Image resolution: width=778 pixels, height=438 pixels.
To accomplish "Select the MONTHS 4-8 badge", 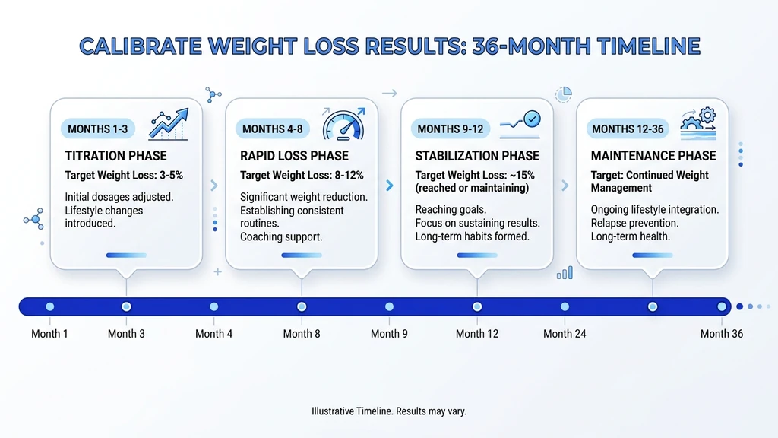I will (273, 129).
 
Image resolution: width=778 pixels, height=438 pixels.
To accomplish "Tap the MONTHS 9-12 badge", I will (451, 129).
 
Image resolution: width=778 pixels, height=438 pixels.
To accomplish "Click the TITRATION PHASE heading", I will (115, 156).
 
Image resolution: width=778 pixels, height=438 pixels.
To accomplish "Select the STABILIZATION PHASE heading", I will (477, 156).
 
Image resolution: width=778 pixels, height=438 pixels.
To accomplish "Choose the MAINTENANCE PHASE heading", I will (653, 156).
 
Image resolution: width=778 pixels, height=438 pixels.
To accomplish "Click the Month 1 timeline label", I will (49, 334).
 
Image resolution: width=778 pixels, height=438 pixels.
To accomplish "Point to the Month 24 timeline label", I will (565, 334).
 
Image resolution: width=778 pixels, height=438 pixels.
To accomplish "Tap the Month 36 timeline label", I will (721, 334).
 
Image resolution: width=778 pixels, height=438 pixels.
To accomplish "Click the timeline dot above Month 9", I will (389, 306).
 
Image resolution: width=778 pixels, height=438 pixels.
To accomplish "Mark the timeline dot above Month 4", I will (213, 306).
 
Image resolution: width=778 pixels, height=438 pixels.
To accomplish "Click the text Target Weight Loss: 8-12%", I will (302, 176).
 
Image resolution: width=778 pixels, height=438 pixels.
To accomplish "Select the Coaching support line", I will (281, 236).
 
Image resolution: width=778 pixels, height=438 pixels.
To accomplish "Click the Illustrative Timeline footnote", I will (388, 411).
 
